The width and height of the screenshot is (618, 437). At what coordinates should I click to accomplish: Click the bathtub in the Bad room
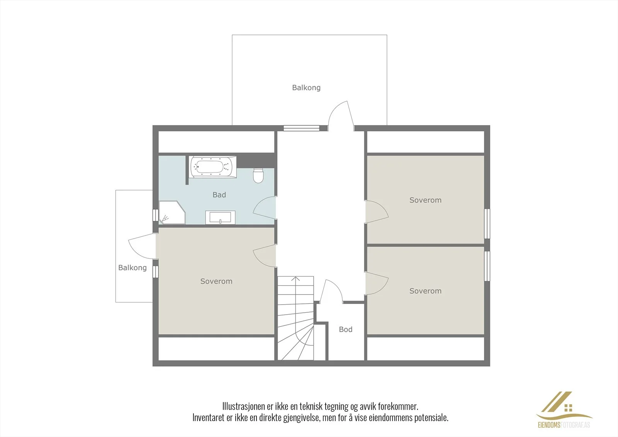pyautogui.click(x=213, y=167)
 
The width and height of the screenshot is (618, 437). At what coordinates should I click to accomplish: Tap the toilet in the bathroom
pyautogui.click(x=258, y=176)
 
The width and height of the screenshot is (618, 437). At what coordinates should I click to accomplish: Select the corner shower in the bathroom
pyautogui.click(x=172, y=212)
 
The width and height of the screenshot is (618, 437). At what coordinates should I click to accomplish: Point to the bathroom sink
pyautogui.click(x=220, y=218)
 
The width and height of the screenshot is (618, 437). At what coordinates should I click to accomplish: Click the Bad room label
pyautogui.click(x=219, y=195)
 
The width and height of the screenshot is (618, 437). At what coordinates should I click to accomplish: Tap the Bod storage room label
pyautogui.click(x=346, y=329)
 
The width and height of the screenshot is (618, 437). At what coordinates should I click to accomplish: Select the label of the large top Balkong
pyautogui.click(x=306, y=88)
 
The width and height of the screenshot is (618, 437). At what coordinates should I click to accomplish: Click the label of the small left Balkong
pyautogui.click(x=132, y=268)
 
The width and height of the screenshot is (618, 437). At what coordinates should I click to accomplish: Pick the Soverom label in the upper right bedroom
pyautogui.click(x=425, y=200)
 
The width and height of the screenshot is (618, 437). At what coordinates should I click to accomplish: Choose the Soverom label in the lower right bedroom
pyautogui.click(x=425, y=291)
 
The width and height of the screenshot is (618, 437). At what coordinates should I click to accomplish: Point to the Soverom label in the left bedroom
pyautogui.click(x=216, y=281)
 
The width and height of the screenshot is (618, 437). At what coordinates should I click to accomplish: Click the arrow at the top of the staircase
pyautogui.click(x=295, y=279)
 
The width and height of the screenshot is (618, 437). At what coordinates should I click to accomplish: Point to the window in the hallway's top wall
pyautogui.click(x=302, y=128)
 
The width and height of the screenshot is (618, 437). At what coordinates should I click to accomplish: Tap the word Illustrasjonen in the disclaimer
pyautogui.click(x=244, y=407)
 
